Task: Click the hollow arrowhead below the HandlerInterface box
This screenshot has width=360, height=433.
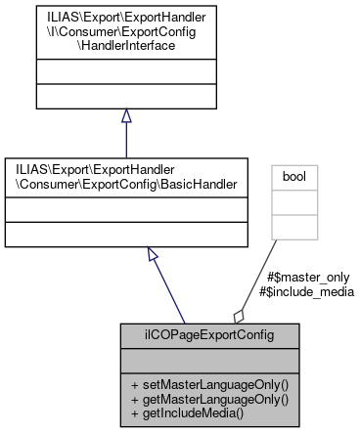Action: pyautogui.click(x=126, y=115)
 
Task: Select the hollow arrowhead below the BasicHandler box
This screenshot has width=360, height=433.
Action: pyautogui.click(x=153, y=254)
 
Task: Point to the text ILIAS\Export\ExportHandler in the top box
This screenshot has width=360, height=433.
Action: pyautogui.click(x=126, y=17)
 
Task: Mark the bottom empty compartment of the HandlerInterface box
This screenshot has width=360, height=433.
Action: pyautogui.click(x=126, y=97)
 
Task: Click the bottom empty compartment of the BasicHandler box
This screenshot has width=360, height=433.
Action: pyautogui.click(x=126, y=236)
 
